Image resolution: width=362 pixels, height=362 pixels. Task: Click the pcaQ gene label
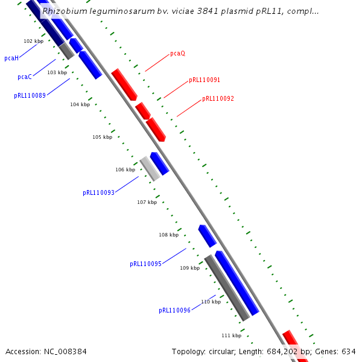pyautogui.click(x=177, y=53)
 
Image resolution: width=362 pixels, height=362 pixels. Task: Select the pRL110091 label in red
pyautogui.click(x=205, y=80)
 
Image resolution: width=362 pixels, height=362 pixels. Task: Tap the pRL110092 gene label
pyautogui.click(x=218, y=98)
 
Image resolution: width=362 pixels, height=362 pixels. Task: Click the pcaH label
pyautogui.click(x=11, y=58)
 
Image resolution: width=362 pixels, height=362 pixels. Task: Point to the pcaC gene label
pyautogui.click(x=25, y=77)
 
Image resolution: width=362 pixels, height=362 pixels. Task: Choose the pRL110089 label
pyautogui.click(x=30, y=95)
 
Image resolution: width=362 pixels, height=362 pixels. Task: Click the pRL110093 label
pyautogui.click(x=98, y=193)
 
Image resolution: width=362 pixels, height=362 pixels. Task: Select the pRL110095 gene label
pyautogui.click(x=145, y=264)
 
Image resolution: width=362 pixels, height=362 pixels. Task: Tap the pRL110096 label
pyautogui.click(x=174, y=310)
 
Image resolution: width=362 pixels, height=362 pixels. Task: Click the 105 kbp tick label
pyautogui.click(x=102, y=137)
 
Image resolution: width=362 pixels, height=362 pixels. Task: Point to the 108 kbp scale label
pyautogui.click(x=168, y=235)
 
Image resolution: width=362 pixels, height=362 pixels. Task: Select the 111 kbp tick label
pyautogui.click(x=231, y=335)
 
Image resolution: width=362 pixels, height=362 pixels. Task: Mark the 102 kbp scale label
pyautogui.click(x=33, y=41)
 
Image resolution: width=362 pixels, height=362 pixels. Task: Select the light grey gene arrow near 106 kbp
pyautogui.click(x=150, y=169)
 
